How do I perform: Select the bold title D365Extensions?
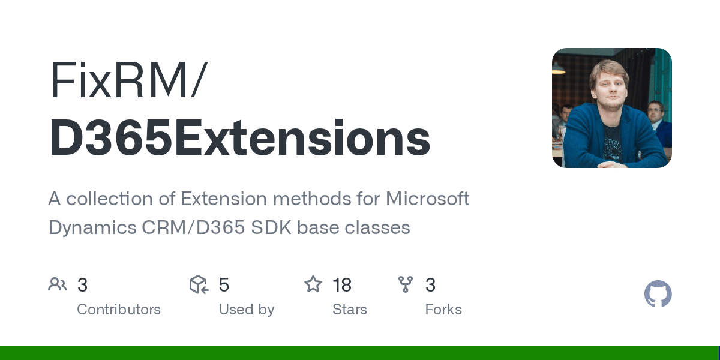coord(239,138)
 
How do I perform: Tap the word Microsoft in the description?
coord(427,199)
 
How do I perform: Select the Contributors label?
coord(119,310)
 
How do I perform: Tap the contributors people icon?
coord(58,284)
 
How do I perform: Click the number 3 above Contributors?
coord(83,285)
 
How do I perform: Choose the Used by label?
coord(247,310)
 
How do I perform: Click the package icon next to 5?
coord(199,284)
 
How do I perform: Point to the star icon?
coord(313,284)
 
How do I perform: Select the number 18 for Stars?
coord(342,285)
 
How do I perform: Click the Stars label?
coord(350,310)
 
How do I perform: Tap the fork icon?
coord(406,284)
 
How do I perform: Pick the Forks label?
coord(443,310)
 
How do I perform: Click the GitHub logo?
coord(658,294)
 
